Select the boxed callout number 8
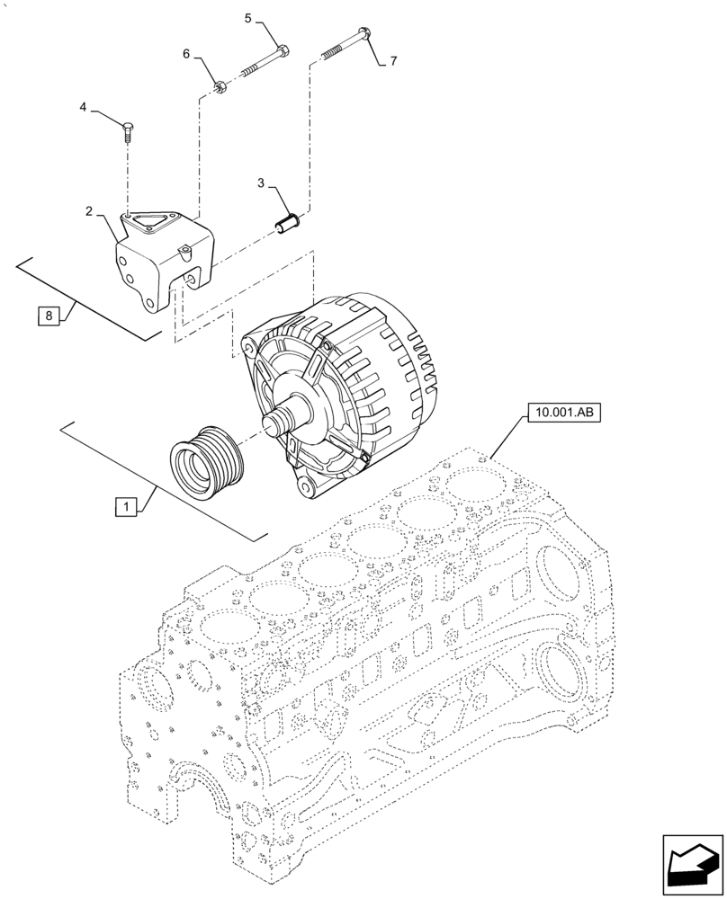50,316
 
